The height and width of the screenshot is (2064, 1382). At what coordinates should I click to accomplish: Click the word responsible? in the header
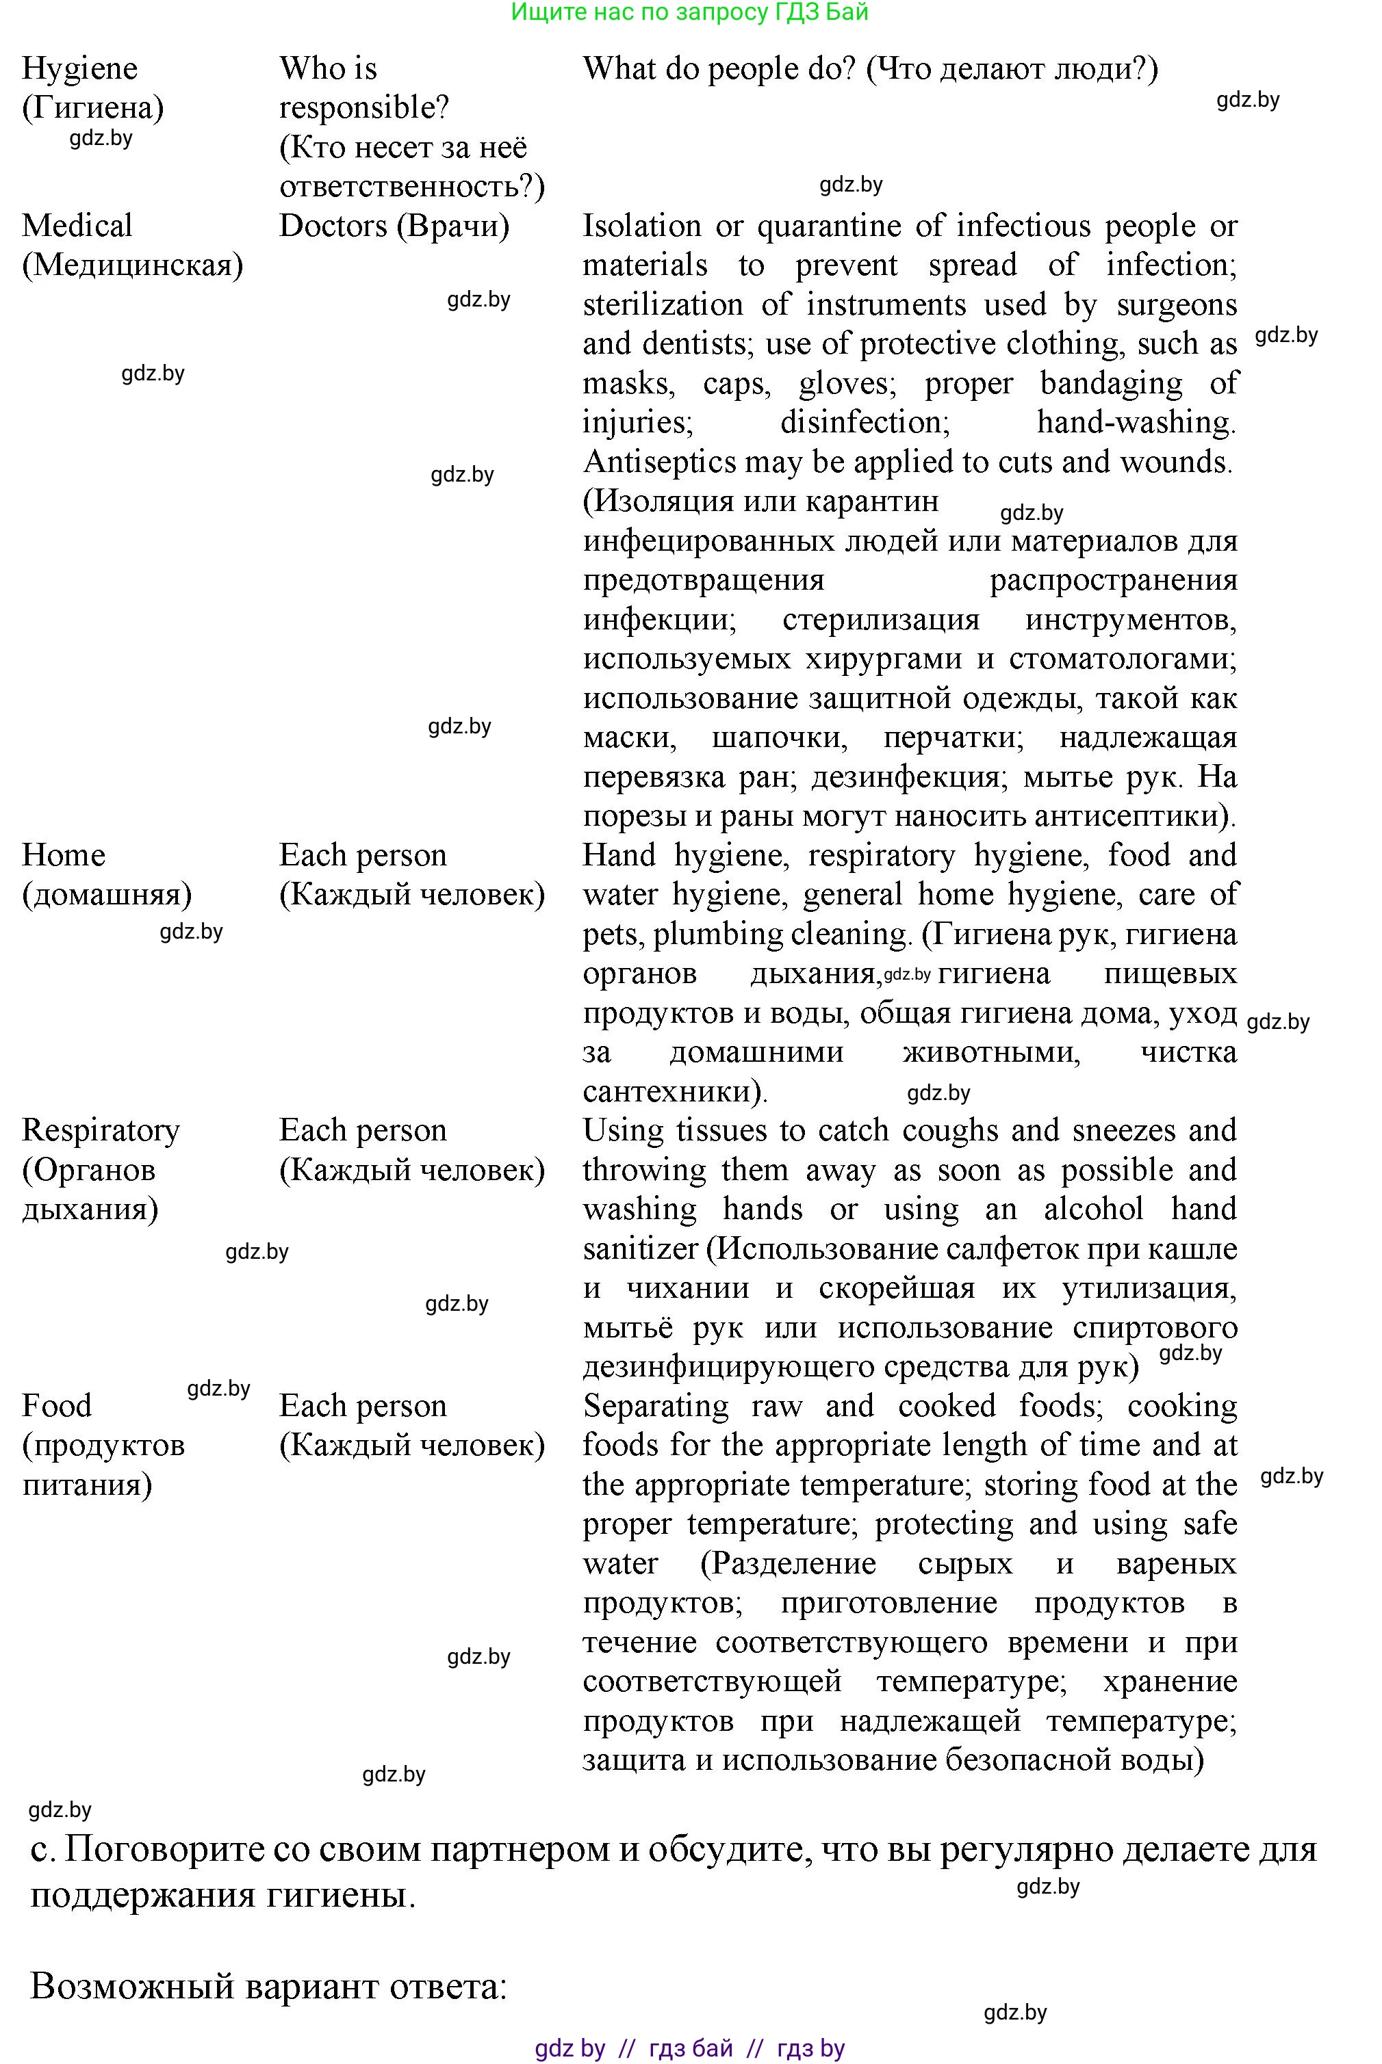point(364,108)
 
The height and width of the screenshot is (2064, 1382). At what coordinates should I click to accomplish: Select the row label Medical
point(77,226)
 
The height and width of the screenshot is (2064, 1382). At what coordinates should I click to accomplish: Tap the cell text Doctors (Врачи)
point(394,226)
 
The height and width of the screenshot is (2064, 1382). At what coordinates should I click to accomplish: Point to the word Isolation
point(641,226)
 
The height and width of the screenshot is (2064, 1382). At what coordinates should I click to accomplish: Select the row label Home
point(64,855)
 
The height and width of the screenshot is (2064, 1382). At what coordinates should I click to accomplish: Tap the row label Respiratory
point(101,1130)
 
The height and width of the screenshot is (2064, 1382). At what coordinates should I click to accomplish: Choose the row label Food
point(56,1406)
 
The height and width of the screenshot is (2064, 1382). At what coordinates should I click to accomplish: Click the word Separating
point(656,1406)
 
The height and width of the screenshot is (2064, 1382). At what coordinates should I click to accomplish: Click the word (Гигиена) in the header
point(92,108)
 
